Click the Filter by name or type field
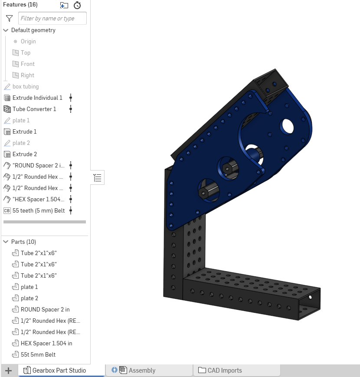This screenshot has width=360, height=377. click(52, 18)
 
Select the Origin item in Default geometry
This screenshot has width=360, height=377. click(28, 41)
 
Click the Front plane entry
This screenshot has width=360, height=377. click(28, 64)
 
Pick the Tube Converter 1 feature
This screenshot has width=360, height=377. click(34, 109)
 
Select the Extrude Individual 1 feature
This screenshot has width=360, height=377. click(37, 98)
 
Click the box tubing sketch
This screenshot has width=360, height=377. click(26, 86)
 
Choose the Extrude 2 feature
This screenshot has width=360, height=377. click(25, 154)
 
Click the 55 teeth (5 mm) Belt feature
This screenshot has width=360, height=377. click(39, 210)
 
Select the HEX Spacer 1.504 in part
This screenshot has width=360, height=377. click(46, 343)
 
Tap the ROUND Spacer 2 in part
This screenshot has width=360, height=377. click(45, 309)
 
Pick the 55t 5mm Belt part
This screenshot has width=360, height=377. click(38, 354)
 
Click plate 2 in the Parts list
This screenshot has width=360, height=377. click(29, 298)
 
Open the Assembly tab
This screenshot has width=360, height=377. click(142, 370)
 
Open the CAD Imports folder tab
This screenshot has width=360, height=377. click(224, 370)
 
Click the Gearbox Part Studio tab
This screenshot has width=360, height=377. click(59, 370)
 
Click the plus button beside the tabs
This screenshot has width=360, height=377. click(8, 370)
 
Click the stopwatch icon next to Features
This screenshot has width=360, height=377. click(77, 5)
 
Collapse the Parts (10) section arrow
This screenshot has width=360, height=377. click(6, 242)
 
